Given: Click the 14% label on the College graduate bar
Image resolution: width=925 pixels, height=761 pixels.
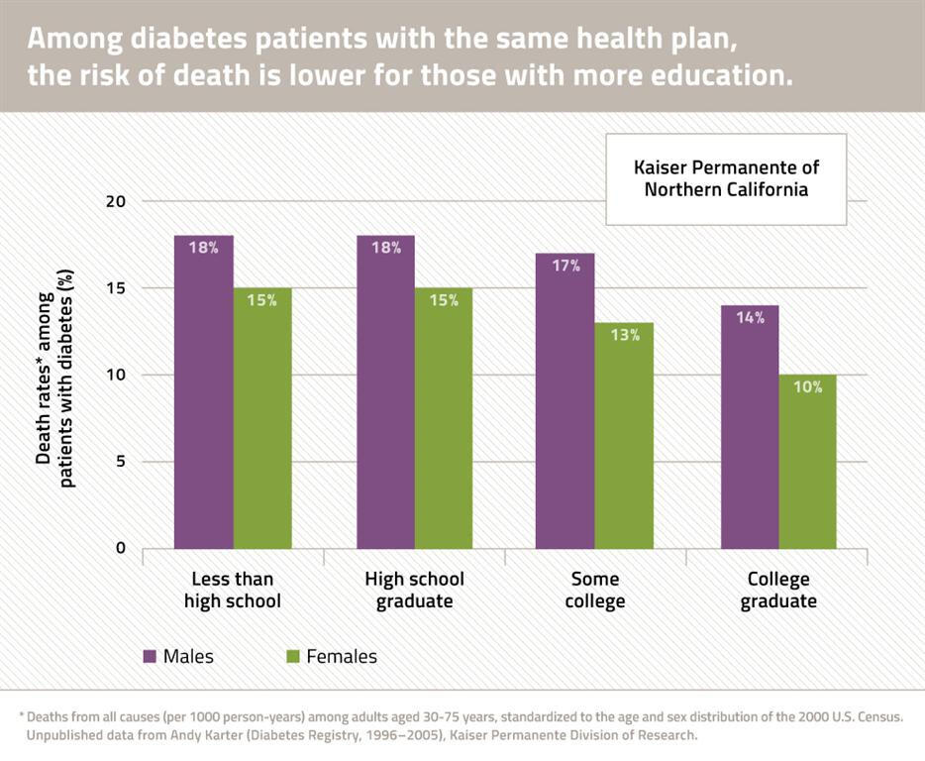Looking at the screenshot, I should click(x=750, y=318).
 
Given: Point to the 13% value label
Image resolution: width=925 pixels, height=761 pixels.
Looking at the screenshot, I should click(x=625, y=335).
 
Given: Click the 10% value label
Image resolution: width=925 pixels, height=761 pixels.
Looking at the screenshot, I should click(x=807, y=387).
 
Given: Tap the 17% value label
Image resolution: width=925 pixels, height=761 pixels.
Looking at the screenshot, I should click(x=565, y=266).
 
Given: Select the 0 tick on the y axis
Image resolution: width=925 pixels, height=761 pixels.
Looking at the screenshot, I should click(x=121, y=548).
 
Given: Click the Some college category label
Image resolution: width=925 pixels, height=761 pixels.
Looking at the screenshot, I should click(x=595, y=591).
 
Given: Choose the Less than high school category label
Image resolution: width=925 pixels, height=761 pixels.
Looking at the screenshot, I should click(x=233, y=591).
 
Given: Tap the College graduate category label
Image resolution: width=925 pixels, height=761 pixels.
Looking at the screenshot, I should click(x=777, y=591).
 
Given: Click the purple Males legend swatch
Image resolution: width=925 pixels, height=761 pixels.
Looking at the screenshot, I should click(x=151, y=656).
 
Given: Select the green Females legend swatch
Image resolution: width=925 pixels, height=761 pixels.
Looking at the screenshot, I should click(x=293, y=656).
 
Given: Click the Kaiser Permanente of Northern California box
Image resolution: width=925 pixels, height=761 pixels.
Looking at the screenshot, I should click(x=726, y=178).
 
